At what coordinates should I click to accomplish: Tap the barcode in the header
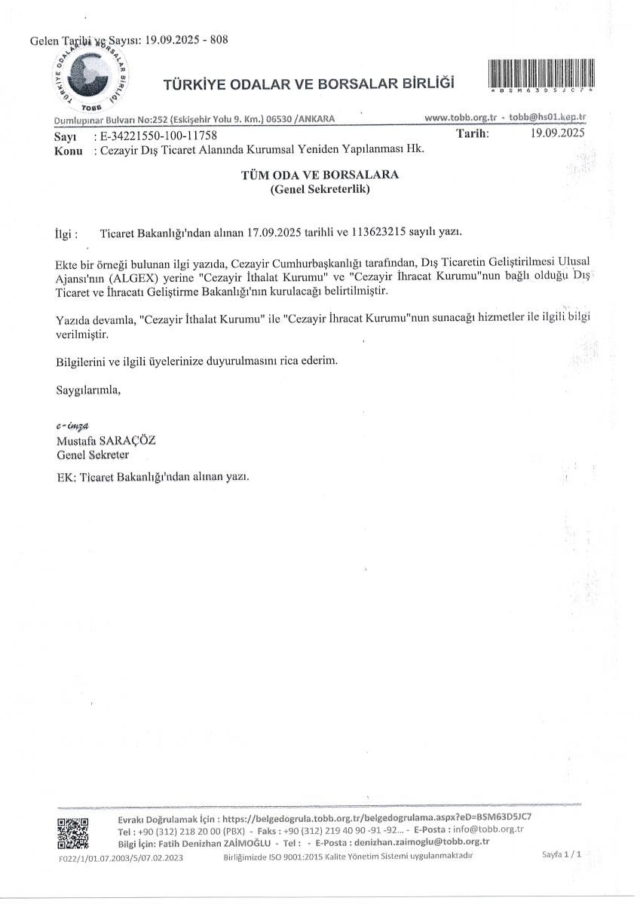tap(541, 75)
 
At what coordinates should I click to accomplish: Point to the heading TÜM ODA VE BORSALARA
tap(320, 175)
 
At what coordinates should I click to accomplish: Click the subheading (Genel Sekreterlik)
tap(320, 191)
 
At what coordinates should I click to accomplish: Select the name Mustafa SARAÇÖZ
tap(106, 441)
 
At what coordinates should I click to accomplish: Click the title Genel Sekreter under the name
tap(93, 455)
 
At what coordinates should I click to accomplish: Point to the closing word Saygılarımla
tap(88, 390)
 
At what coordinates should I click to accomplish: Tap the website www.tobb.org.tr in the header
tap(460, 118)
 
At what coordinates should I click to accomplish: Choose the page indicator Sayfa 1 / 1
tap(561, 854)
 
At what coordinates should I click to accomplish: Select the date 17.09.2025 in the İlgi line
tap(274, 234)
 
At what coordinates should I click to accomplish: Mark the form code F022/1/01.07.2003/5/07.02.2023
tap(121, 857)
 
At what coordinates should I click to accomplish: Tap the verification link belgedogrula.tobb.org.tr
tap(378, 817)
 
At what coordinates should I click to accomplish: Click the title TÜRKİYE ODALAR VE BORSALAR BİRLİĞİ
tap(308, 84)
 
